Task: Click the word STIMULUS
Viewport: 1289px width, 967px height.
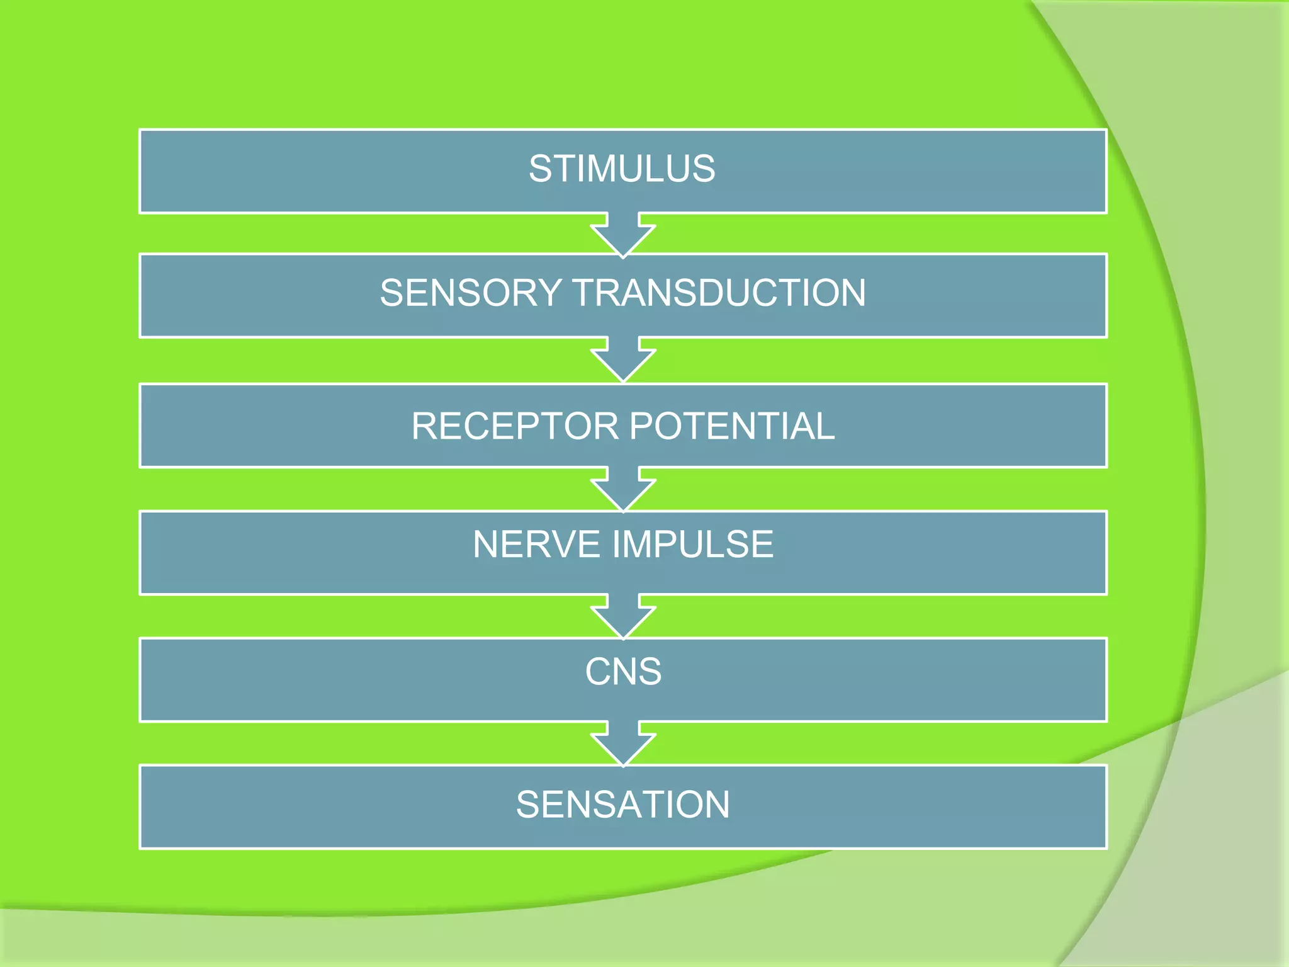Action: (622, 169)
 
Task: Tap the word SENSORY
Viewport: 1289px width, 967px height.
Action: (470, 293)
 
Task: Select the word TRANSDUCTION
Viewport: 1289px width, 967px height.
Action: (719, 293)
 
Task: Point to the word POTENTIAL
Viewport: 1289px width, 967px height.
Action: (732, 426)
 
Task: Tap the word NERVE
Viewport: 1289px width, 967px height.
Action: (536, 545)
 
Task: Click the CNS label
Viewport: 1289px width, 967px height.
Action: (623, 672)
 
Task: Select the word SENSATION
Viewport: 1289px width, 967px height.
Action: (623, 805)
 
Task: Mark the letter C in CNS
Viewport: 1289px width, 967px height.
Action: (599, 672)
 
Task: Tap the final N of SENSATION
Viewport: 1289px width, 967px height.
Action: (716, 805)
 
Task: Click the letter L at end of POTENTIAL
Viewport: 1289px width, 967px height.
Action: (824, 426)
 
